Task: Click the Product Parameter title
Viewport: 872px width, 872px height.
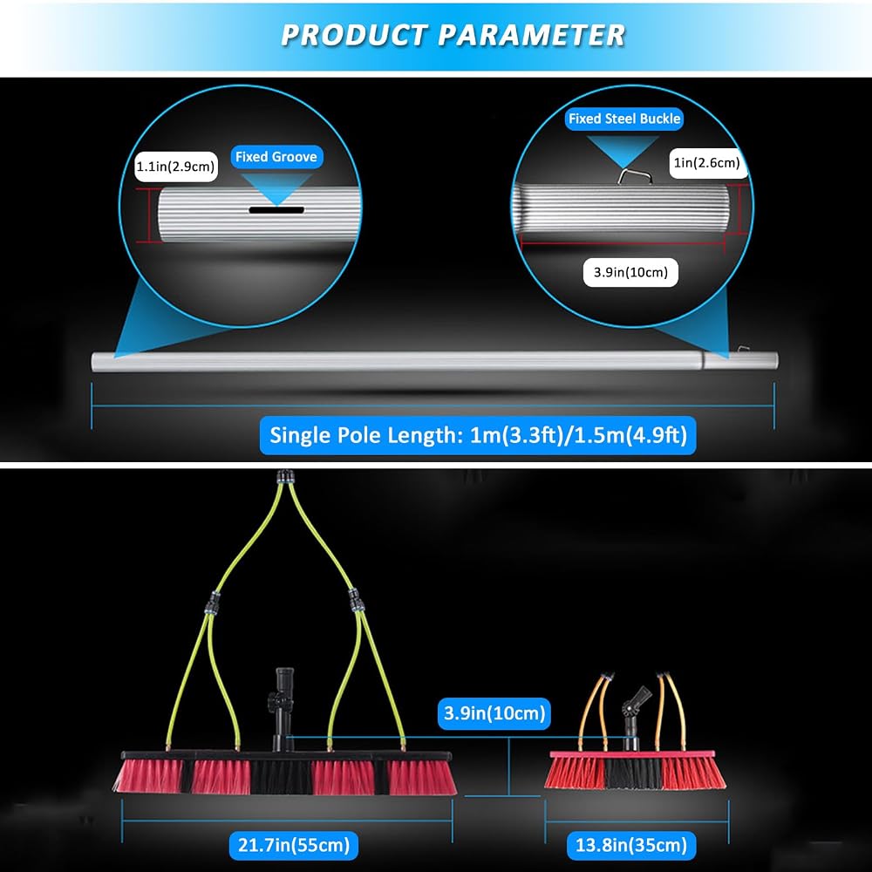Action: [x=453, y=35]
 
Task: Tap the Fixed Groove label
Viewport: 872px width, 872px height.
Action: [x=276, y=157]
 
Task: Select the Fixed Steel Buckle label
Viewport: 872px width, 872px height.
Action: [x=624, y=119]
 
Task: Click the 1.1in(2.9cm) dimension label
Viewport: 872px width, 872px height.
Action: [x=176, y=167]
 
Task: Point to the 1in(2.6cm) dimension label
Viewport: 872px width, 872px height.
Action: [x=707, y=162]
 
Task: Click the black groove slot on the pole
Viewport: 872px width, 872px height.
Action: [x=276, y=210]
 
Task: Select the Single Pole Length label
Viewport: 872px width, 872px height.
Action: [x=478, y=435]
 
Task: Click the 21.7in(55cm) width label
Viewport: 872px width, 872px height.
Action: [x=294, y=845]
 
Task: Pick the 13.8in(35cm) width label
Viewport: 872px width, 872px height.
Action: [x=631, y=845]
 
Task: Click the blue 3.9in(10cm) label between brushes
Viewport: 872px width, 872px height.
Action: [x=494, y=713]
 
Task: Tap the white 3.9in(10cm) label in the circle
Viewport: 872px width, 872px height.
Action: [x=630, y=272]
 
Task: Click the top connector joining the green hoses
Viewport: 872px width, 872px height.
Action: [x=285, y=477]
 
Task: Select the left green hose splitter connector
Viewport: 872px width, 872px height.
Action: [x=212, y=603]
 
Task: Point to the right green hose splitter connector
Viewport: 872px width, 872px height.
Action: [x=355, y=600]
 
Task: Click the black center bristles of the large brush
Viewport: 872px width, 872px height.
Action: [x=282, y=777]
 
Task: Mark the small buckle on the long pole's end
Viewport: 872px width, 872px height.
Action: [x=743, y=350]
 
